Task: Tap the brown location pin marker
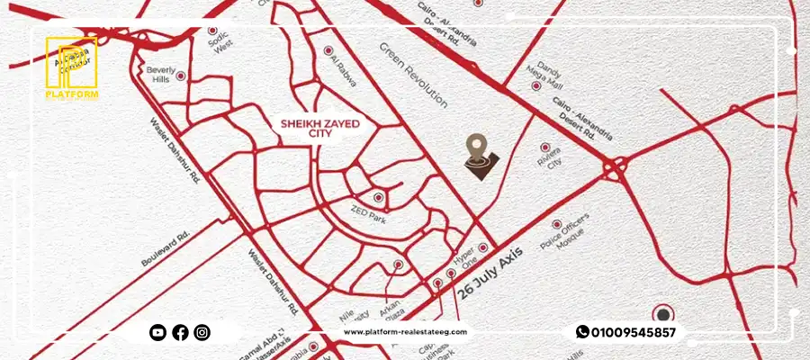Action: (479, 154)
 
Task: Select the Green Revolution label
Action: (413, 75)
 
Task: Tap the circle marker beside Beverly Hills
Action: (183, 76)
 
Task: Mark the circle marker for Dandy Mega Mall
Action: (535, 85)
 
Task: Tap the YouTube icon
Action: (158, 333)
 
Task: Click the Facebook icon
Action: (180, 333)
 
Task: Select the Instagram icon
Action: (202, 333)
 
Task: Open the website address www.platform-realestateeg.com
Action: (405, 333)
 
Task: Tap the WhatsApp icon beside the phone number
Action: (582, 332)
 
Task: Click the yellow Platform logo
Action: (73, 67)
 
